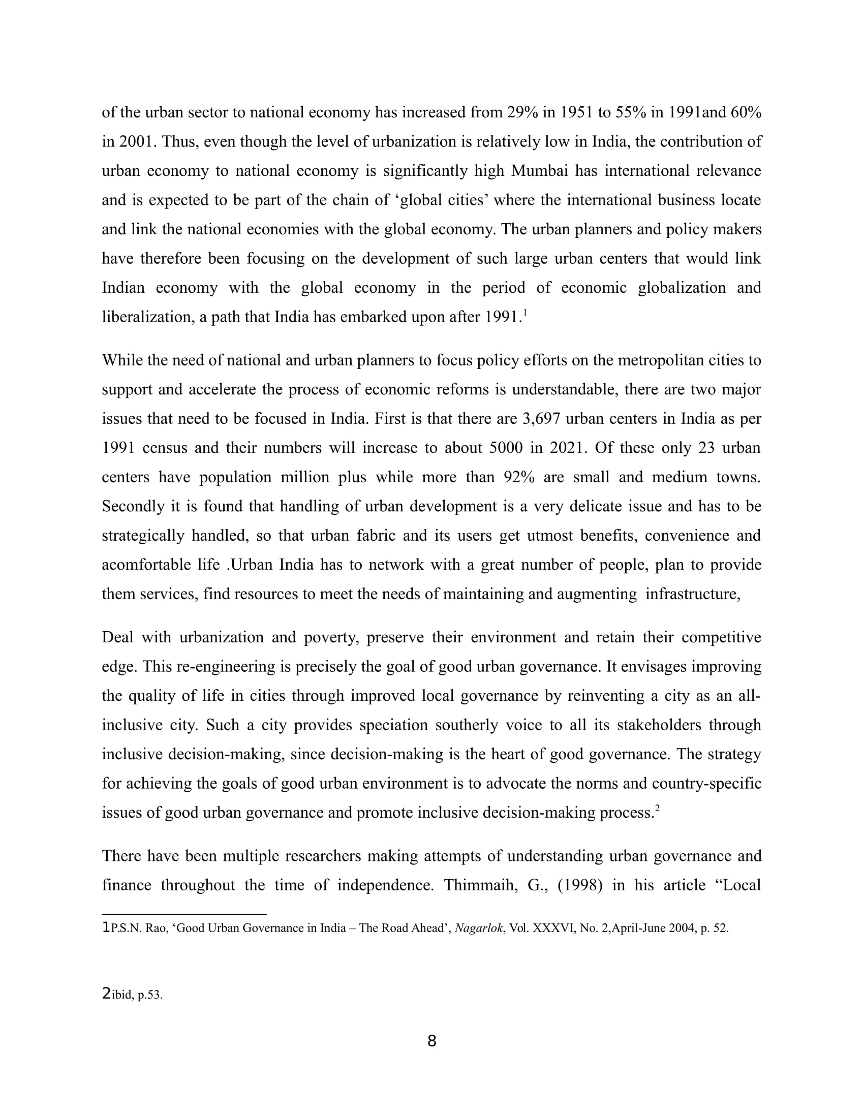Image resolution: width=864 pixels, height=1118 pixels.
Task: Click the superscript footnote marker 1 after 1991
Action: (525, 313)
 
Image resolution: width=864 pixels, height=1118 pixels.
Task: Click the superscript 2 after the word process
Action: (657, 809)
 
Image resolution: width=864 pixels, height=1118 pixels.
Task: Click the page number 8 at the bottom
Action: (431, 1041)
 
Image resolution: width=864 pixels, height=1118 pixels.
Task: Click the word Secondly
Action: (132, 507)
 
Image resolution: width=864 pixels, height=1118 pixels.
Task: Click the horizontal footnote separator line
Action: (184, 914)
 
